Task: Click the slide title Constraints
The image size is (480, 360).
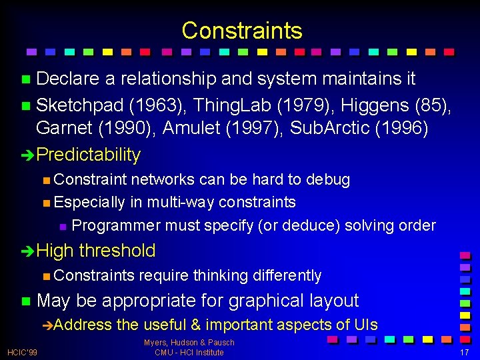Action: (241, 31)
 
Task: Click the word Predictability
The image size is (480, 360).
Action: (89, 155)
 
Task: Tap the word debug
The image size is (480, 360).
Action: (328, 179)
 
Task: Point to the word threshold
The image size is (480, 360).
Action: (117, 251)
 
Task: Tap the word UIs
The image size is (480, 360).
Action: (366, 325)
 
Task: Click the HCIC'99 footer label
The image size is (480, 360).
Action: (23, 352)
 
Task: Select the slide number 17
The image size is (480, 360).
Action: (465, 352)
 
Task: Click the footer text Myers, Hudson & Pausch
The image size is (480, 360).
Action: (189, 343)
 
